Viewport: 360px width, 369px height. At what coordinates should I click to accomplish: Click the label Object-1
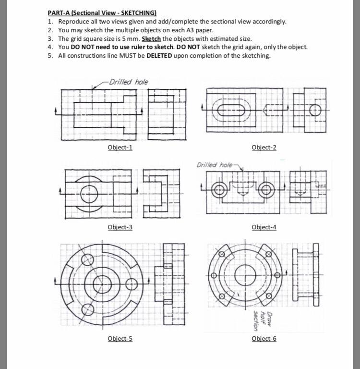coord(120,147)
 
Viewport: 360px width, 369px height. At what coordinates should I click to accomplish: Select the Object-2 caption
coord(264,147)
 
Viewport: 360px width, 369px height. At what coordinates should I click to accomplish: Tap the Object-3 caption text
coord(120,227)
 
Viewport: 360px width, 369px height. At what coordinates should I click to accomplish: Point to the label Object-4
coord(264,227)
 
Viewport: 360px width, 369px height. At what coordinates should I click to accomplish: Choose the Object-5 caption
coord(120,339)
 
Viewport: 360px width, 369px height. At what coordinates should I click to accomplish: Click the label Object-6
coord(264,339)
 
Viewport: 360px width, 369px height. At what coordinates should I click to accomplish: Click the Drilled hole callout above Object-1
coord(128,82)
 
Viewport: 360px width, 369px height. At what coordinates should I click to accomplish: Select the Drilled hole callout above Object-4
coord(215,165)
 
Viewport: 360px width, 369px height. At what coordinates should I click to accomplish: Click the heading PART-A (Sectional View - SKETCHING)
coord(102,13)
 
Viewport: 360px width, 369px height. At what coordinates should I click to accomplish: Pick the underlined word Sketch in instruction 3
coord(151,38)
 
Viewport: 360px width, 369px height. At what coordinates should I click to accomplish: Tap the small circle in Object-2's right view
coord(315,110)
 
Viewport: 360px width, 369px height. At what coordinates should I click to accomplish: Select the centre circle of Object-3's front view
coord(90,195)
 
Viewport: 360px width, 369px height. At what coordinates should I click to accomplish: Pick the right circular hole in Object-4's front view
coord(265,190)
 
